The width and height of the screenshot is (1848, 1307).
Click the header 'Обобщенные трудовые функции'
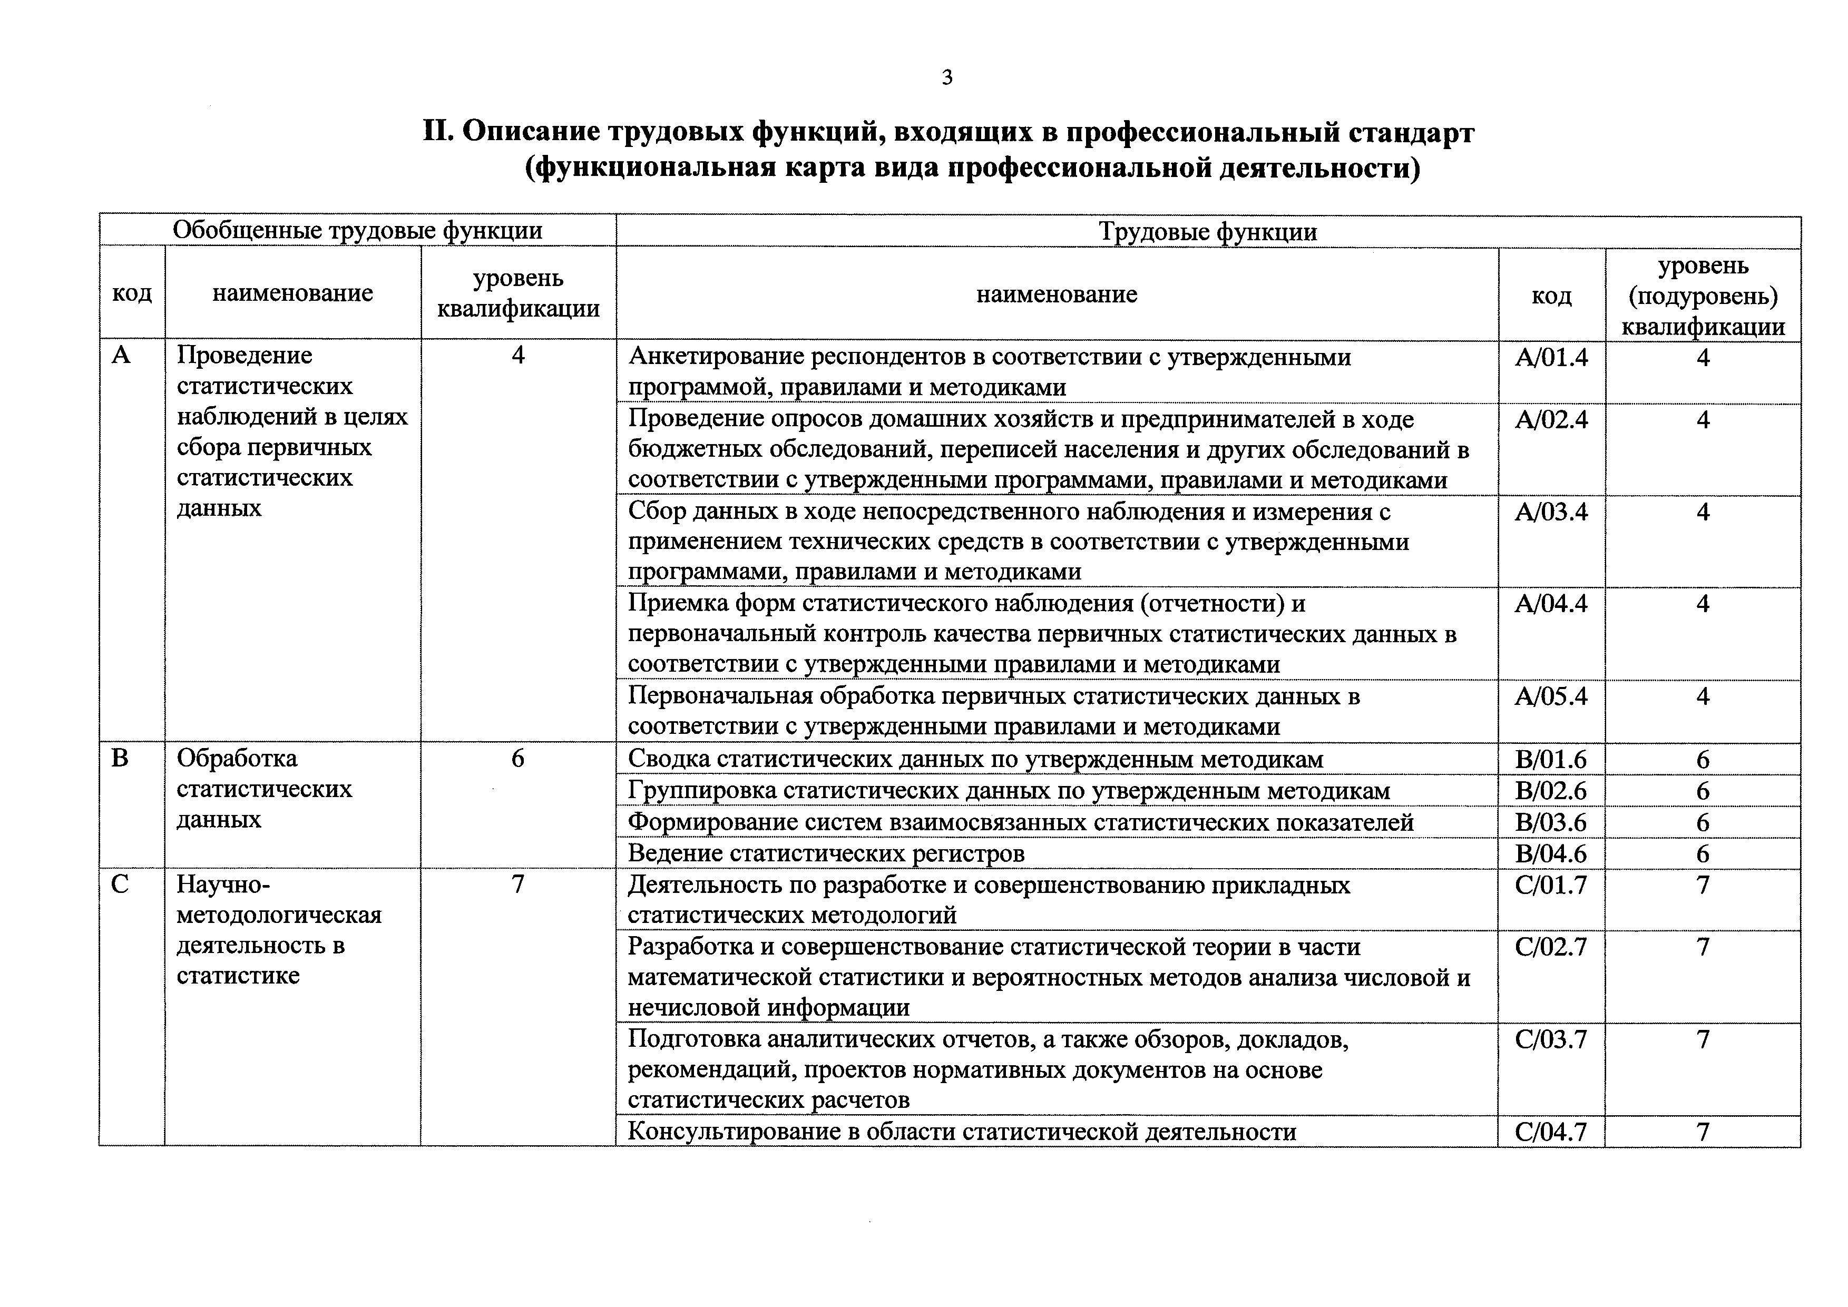click(x=357, y=231)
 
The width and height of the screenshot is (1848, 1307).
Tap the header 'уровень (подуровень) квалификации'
click(x=1703, y=296)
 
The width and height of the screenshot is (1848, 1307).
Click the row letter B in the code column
click(x=120, y=758)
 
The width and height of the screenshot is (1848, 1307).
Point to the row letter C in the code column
click(x=120, y=885)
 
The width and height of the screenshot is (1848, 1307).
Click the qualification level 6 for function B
click(x=517, y=758)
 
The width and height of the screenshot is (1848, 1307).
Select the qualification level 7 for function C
click(x=517, y=885)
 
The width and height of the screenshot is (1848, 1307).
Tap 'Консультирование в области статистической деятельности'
click(x=962, y=1132)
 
